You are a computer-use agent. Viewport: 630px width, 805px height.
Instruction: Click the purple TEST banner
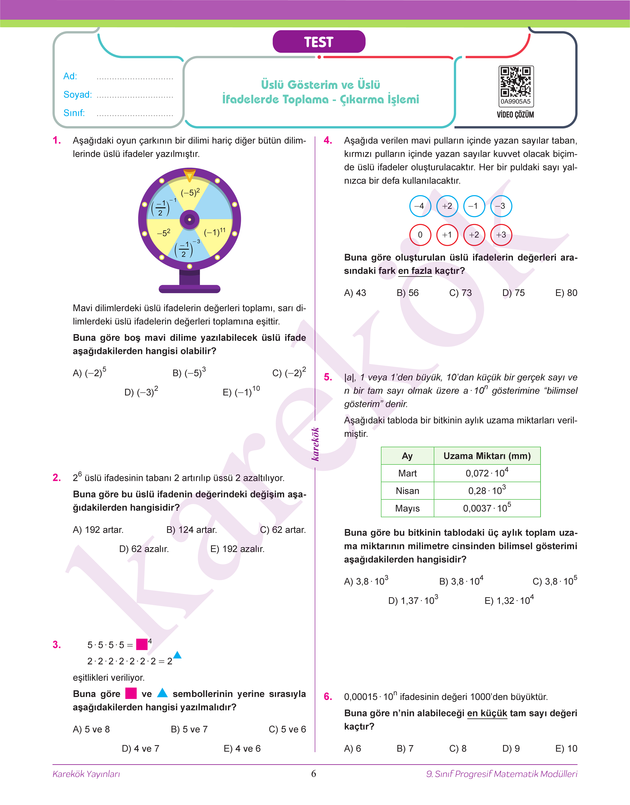tap(319, 42)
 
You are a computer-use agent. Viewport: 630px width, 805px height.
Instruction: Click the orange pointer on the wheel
tap(189, 175)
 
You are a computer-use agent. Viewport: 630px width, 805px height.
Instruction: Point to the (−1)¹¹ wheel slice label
tap(215, 232)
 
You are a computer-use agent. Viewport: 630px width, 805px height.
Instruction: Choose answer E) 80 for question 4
tap(566, 293)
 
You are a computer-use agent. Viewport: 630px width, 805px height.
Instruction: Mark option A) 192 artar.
tap(98, 530)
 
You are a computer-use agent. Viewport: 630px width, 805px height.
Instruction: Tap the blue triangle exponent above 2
tap(177, 655)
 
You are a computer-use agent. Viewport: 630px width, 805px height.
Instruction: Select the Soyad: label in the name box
tap(77, 94)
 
